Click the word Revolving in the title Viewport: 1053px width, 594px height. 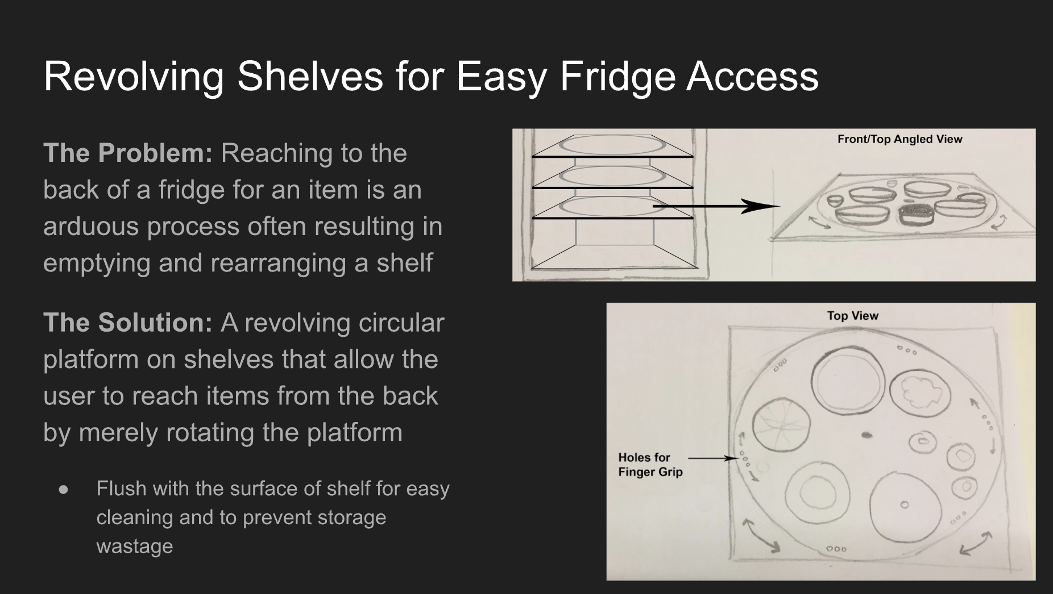pyautogui.click(x=134, y=76)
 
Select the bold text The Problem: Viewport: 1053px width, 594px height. pyautogui.click(x=128, y=153)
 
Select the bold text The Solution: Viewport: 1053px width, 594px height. pyautogui.click(x=128, y=322)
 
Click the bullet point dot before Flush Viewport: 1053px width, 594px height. pyautogui.click(x=63, y=489)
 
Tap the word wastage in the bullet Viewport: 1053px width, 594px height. pyautogui.click(x=135, y=546)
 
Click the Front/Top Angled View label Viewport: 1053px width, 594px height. pyautogui.click(x=899, y=139)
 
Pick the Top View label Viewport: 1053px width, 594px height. pyautogui.click(x=852, y=316)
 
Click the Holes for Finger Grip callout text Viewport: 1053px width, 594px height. pyautogui.click(x=650, y=465)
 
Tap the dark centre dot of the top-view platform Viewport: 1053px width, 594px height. pyautogui.click(x=867, y=436)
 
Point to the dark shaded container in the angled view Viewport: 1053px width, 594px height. pyautogui.click(x=915, y=215)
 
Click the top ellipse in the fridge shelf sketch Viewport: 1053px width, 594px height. pyautogui.click(x=612, y=145)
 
